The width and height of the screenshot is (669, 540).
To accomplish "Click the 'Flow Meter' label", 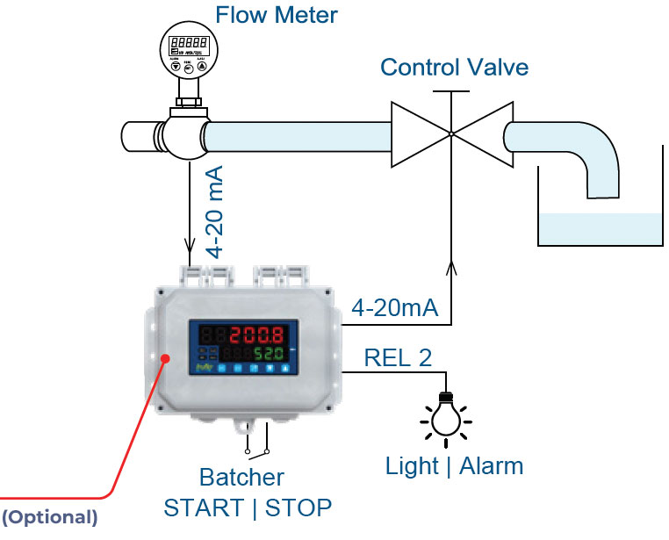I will click(x=276, y=15).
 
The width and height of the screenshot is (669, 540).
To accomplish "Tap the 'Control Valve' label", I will click(x=454, y=67).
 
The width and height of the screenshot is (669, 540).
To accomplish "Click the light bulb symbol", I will click(x=445, y=414).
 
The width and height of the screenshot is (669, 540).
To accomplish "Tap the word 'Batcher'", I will click(x=241, y=477).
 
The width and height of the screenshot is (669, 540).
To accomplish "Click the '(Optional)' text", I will click(x=49, y=517).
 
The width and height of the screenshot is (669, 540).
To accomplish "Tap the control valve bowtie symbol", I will click(x=450, y=133).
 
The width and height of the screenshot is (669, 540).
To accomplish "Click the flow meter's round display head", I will click(x=188, y=52).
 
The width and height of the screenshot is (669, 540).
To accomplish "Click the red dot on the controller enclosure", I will click(x=165, y=357).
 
